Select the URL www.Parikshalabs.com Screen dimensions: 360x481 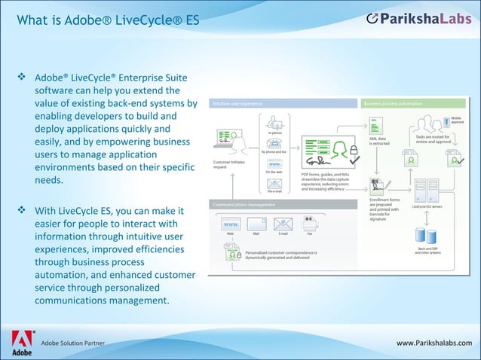pos(438,343)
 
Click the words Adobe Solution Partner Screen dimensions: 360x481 pos(73,343)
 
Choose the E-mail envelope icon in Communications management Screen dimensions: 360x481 pos(283,224)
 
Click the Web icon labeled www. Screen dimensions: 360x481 pos(231,224)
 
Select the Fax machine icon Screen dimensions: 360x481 pos(310,223)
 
